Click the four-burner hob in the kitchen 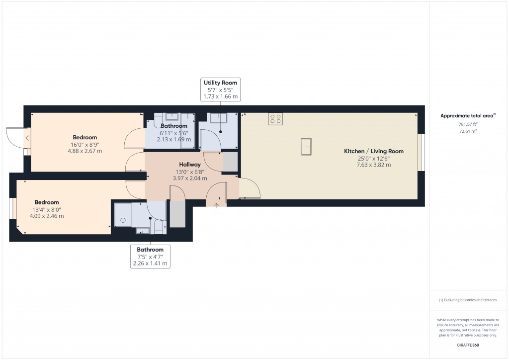pyautogui.click(x=275, y=119)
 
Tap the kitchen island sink pyautogui.click(x=306, y=147)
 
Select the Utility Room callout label pyautogui.click(x=220, y=90)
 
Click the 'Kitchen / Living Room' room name pyautogui.click(x=373, y=151)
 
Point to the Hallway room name pyautogui.click(x=189, y=165)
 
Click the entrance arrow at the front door pyautogui.click(x=216, y=204)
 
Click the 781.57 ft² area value pyautogui.click(x=468, y=124)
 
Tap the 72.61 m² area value pyautogui.click(x=468, y=131)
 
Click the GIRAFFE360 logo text pyautogui.click(x=468, y=345)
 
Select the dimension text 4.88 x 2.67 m pyautogui.click(x=85, y=151)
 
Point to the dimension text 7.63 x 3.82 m pyautogui.click(x=373, y=165)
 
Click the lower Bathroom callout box pyautogui.click(x=150, y=257)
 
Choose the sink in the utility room pyautogui.click(x=218, y=118)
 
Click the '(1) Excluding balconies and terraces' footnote pyautogui.click(x=467, y=300)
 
